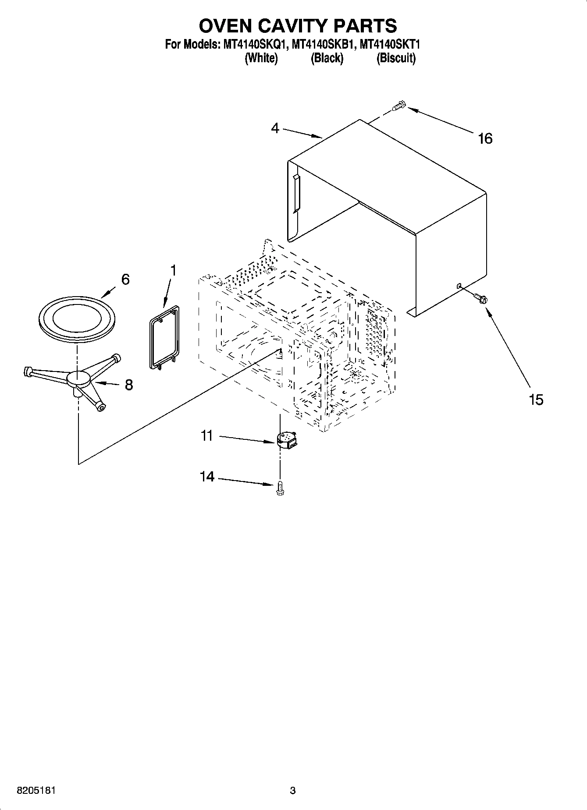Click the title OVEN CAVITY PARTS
tap(298, 26)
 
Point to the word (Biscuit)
tap(396, 58)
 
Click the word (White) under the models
tap(261, 58)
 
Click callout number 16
tap(485, 139)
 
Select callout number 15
tap(536, 400)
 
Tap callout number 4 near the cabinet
tap(275, 128)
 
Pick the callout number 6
tap(125, 279)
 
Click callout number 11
tap(206, 436)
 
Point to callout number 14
tap(207, 477)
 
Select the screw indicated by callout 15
tap(480, 298)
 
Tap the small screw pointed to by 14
tap(280, 489)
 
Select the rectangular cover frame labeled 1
tap(163, 336)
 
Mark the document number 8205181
tap(36, 791)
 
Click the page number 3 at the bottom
tap(293, 791)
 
